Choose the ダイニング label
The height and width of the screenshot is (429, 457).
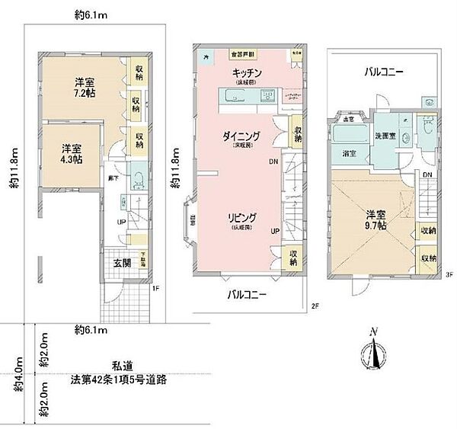241,137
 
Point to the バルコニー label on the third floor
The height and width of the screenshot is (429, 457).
383,72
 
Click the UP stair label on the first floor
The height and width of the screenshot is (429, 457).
120,222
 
